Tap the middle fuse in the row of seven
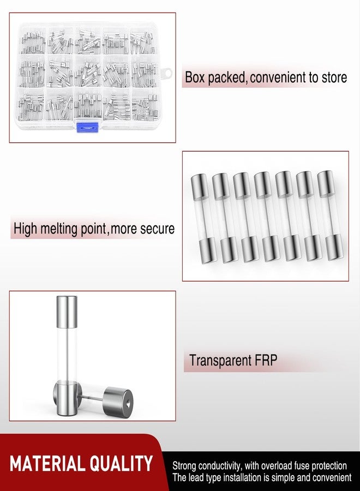pyautogui.click(x=263, y=217)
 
